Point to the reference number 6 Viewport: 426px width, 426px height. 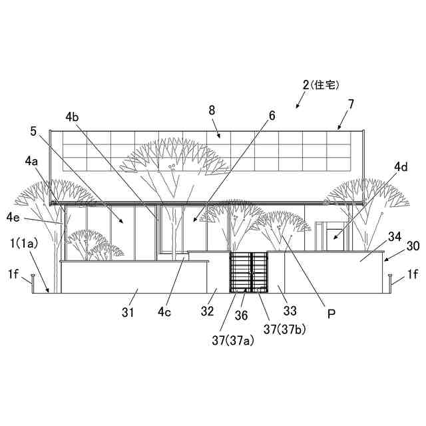[272, 116]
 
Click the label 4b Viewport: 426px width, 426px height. [73, 117]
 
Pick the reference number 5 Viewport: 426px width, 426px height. [33, 131]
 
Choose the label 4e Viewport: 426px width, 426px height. [13, 217]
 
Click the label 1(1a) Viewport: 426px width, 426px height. [23, 244]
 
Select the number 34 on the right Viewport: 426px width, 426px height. [395, 237]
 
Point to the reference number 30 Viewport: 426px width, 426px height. [413, 246]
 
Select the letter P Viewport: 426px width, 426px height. [331, 311]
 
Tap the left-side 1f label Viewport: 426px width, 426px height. [13, 274]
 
